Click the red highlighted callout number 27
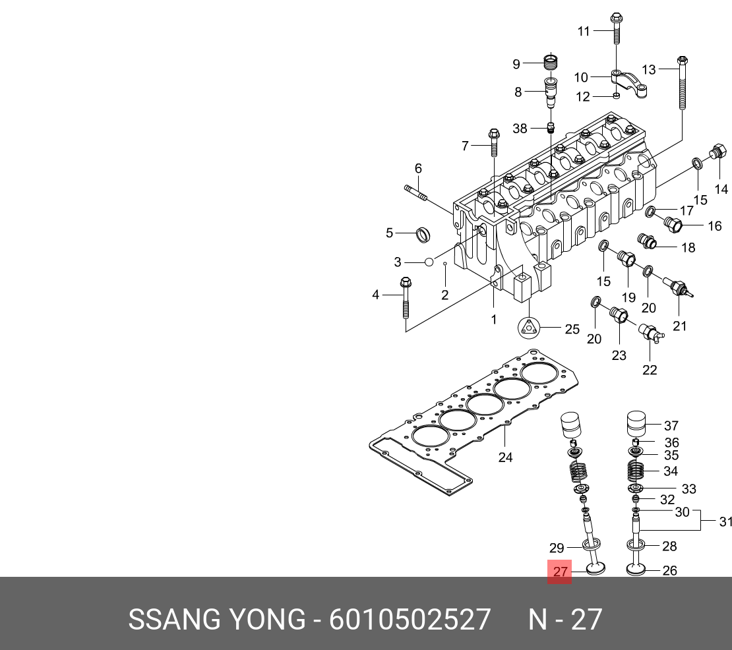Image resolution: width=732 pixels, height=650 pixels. click(x=560, y=572)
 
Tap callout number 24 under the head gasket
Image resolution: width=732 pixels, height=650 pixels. click(x=505, y=458)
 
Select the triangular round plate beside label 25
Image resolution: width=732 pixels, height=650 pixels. click(x=529, y=328)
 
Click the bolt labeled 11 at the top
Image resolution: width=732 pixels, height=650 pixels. click(x=616, y=28)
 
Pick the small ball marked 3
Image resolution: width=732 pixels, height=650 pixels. click(x=429, y=262)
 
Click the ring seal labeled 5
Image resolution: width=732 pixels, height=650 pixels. click(x=423, y=234)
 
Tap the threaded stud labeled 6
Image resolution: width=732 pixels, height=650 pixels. click(x=416, y=192)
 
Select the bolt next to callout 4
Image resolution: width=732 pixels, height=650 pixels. click(x=406, y=298)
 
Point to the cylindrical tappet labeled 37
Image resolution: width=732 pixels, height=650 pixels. click(x=636, y=424)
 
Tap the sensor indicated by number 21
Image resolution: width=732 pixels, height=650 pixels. click(x=679, y=287)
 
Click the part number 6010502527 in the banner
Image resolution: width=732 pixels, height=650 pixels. click(x=410, y=620)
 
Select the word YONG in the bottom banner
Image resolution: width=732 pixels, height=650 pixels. click(x=266, y=620)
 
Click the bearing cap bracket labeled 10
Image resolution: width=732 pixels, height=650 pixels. click(x=629, y=83)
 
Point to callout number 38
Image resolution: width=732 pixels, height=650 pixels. click(x=520, y=129)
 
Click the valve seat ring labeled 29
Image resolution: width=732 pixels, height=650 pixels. click(x=591, y=544)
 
